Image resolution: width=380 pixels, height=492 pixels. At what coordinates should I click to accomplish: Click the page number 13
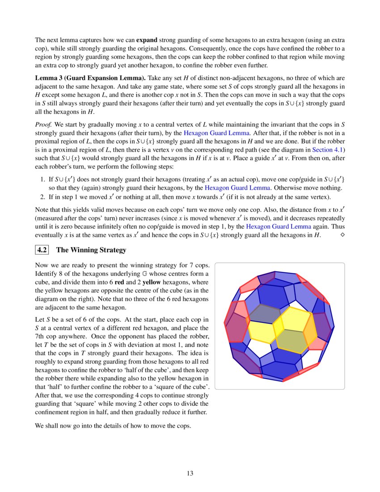[x=190, y=473]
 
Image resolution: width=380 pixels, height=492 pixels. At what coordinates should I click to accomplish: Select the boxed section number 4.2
[x=43, y=250]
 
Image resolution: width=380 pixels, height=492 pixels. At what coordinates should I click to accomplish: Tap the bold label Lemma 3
[x=51, y=78]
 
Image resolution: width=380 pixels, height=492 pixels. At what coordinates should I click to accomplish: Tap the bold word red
[x=119, y=282]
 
